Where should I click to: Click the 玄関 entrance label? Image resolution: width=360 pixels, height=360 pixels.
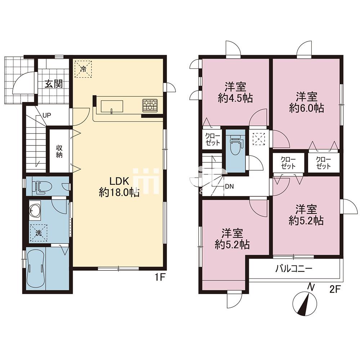54,84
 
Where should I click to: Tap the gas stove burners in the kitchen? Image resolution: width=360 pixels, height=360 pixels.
150,105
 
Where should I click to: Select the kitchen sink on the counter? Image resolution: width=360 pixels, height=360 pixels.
112,107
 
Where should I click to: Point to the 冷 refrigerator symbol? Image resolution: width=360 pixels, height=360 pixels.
83,69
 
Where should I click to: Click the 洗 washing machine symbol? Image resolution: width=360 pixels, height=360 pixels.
39,233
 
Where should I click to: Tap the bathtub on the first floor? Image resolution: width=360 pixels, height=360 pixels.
36,268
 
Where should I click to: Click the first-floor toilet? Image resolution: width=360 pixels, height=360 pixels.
41,186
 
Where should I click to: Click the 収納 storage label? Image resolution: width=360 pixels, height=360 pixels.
59,152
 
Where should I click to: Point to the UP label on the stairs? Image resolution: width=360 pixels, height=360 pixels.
47,116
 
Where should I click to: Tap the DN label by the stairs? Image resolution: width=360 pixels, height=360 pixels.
229,186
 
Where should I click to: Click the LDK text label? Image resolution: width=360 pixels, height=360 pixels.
119,181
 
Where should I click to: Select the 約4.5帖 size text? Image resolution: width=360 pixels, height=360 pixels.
235,98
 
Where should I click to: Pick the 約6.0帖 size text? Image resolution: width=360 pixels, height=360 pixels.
306,108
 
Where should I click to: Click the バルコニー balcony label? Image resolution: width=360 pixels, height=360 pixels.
294,269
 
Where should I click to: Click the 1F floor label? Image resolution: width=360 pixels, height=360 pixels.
159,278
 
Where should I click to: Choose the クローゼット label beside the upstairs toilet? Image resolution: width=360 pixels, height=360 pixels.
213,139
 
